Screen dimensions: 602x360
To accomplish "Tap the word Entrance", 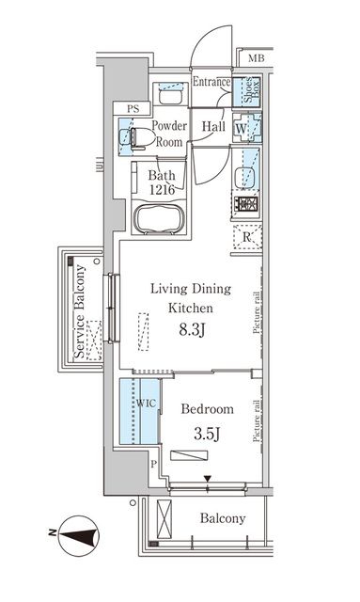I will [211, 83].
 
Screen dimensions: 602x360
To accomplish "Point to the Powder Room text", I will [170, 134].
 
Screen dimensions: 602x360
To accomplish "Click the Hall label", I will [211, 125].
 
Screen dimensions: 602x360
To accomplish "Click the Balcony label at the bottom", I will [222, 519].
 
